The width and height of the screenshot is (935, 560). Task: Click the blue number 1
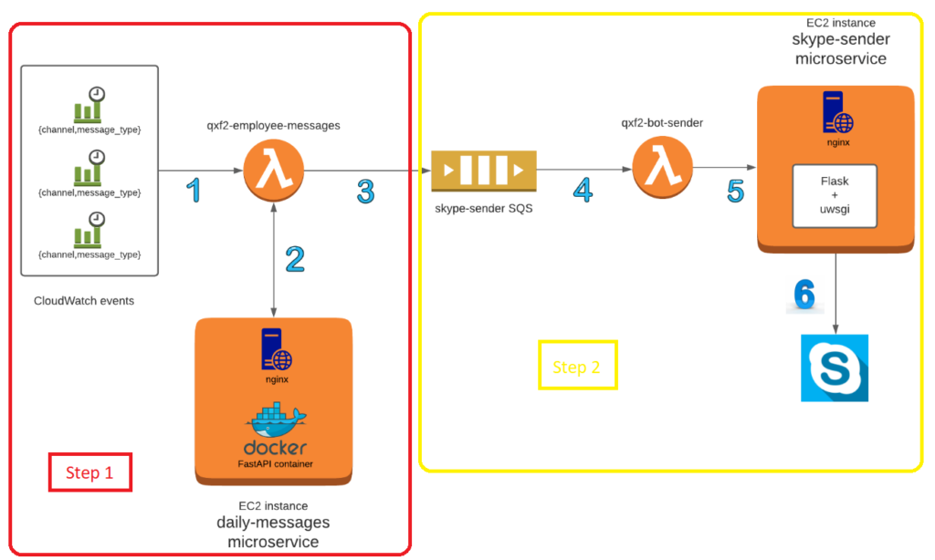click(x=192, y=190)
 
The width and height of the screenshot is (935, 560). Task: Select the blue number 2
click(x=294, y=259)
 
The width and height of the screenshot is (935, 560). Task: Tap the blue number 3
click(x=365, y=191)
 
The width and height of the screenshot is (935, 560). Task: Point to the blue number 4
click(x=583, y=190)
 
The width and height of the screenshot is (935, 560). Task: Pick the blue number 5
click(x=736, y=191)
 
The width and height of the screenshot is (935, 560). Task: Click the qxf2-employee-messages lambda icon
click(x=274, y=171)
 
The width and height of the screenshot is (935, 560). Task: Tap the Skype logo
click(x=835, y=368)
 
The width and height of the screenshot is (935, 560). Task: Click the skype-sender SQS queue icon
click(x=484, y=171)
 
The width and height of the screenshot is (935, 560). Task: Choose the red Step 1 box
click(x=89, y=472)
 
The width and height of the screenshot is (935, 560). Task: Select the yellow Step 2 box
click(x=577, y=367)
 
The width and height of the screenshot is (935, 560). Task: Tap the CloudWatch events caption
click(x=84, y=300)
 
